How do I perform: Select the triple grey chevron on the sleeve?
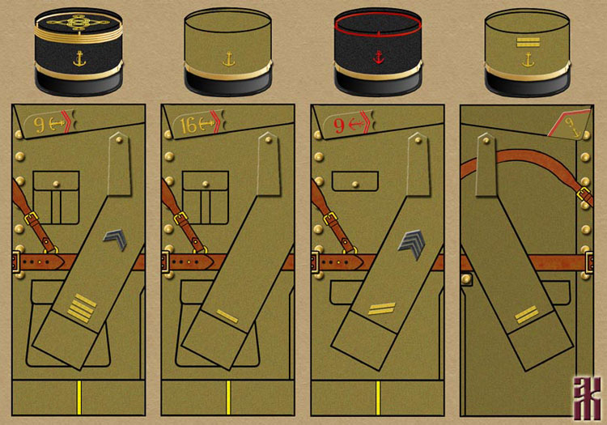[412, 241]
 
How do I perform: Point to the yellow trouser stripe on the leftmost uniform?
[79, 397]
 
